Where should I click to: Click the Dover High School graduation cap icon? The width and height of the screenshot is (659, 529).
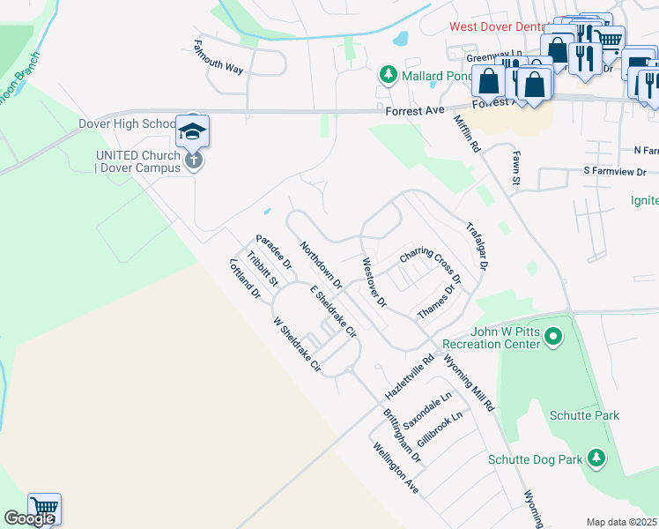tap(193, 132)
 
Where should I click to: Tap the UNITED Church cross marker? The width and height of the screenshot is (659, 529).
tap(194, 160)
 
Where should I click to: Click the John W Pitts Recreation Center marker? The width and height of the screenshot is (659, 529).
tap(553, 336)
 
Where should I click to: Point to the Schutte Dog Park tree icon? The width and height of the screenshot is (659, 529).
tap(597, 458)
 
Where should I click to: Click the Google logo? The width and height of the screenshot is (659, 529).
tap(28, 518)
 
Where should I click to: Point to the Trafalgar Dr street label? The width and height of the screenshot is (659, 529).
tap(483, 245)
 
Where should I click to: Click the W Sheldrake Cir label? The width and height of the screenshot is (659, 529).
tap(296, 344)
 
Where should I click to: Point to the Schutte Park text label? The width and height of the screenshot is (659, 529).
tap(584, 415)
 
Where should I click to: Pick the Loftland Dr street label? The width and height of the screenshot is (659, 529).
tap(245, 280)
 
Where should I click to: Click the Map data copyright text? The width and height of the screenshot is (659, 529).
tap(622, 522)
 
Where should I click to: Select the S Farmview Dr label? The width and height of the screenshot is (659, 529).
tap(614, 171)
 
